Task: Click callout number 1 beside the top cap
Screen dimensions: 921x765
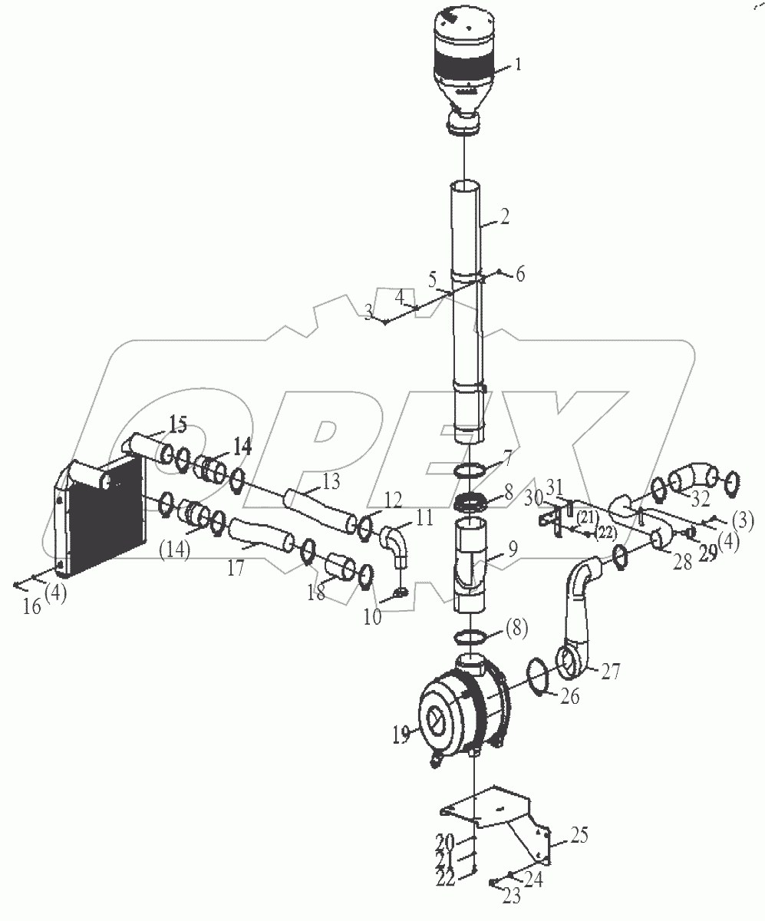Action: tap(517, 65)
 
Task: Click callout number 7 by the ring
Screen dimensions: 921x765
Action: tap(507, 464)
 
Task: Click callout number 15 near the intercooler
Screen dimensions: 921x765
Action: tap(178, 424)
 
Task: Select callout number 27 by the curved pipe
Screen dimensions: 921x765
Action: tap(610, 672)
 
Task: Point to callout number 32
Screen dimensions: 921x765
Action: tap(700, 499)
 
